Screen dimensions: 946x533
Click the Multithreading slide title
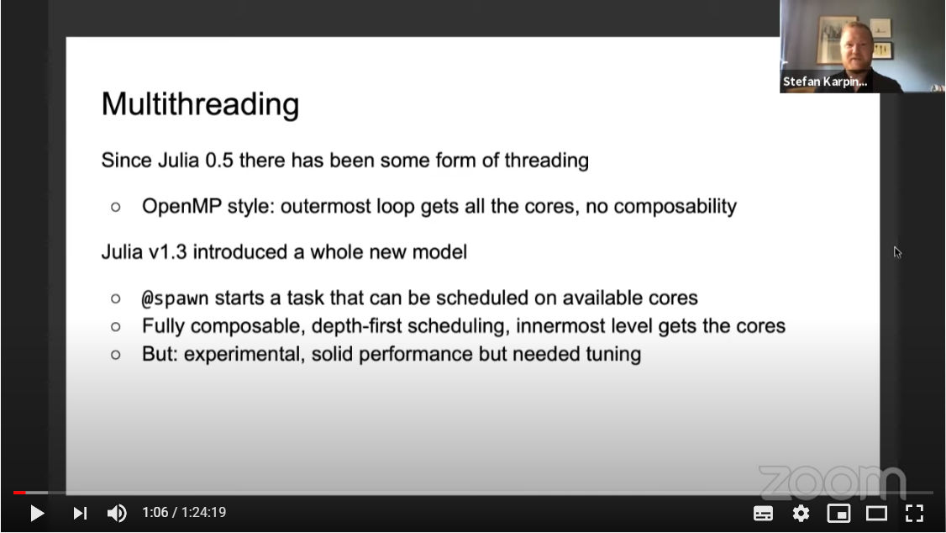click(200, 104)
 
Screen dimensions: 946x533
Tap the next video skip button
click(81, 513)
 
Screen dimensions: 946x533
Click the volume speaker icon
click(117, 513)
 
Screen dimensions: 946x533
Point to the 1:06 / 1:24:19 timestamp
click(184, 513)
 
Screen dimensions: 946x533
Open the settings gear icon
click(801, 513)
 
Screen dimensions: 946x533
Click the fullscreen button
click(915, 513)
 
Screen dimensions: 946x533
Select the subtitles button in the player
click(763, 513)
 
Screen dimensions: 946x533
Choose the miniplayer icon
click(838, 513)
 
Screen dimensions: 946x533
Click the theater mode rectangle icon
click(876, 513)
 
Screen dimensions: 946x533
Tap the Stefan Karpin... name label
click(825, 82)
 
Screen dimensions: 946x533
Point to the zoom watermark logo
click(833, 482)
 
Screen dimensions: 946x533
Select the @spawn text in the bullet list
click(175, 298)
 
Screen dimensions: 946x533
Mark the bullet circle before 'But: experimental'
click(116, 355)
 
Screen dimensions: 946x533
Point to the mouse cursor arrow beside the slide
click(897, 252)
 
